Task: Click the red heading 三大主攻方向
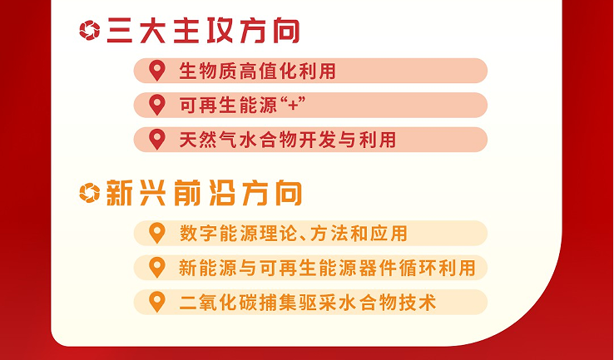point(203,30)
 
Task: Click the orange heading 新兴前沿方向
point(204,193)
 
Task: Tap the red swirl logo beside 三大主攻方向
point(90,30)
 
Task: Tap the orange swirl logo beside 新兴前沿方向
point(90,193)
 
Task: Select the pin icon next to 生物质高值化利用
point(157,71)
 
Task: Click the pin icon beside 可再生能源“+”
point(157,106)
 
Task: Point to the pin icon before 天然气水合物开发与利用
point(157,140)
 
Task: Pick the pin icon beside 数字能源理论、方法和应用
point(157,234)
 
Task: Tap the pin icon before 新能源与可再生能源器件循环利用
point(157,268)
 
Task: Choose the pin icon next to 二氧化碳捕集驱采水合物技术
point(157,302)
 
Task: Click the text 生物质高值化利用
point(257,72)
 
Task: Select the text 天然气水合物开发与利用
point(287,140)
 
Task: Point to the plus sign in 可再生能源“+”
point(293,106)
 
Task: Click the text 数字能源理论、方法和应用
point(294,234)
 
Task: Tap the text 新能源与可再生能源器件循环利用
point(327,268)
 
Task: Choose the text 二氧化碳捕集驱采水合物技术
point(307,303)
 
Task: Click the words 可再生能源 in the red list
point(228,106)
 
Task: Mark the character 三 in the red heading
point(119,31)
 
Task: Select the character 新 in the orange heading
point(119,194)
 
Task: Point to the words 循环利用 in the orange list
point(437,268)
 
